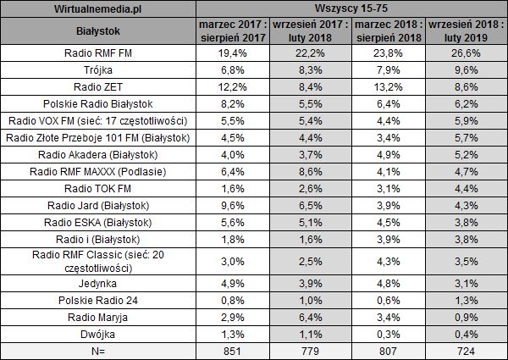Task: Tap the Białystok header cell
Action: click(99, 31)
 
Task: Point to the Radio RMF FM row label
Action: click(99, 53)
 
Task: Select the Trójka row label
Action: click(99, 70)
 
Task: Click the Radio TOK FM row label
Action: click(99, 187)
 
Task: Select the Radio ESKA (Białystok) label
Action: click(99, 221)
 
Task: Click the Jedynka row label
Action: click(99, 283)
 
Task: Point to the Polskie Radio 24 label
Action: click(99, 300)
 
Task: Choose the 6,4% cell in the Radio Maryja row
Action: click(310, 317)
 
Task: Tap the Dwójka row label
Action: click(99, 334)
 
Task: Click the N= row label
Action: click(99, 351)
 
